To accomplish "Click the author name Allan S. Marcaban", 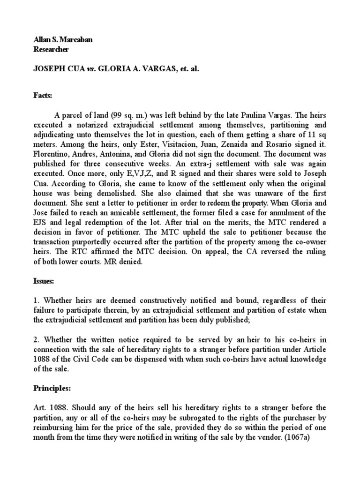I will click(63, 40).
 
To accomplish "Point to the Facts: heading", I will click(43, 96).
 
